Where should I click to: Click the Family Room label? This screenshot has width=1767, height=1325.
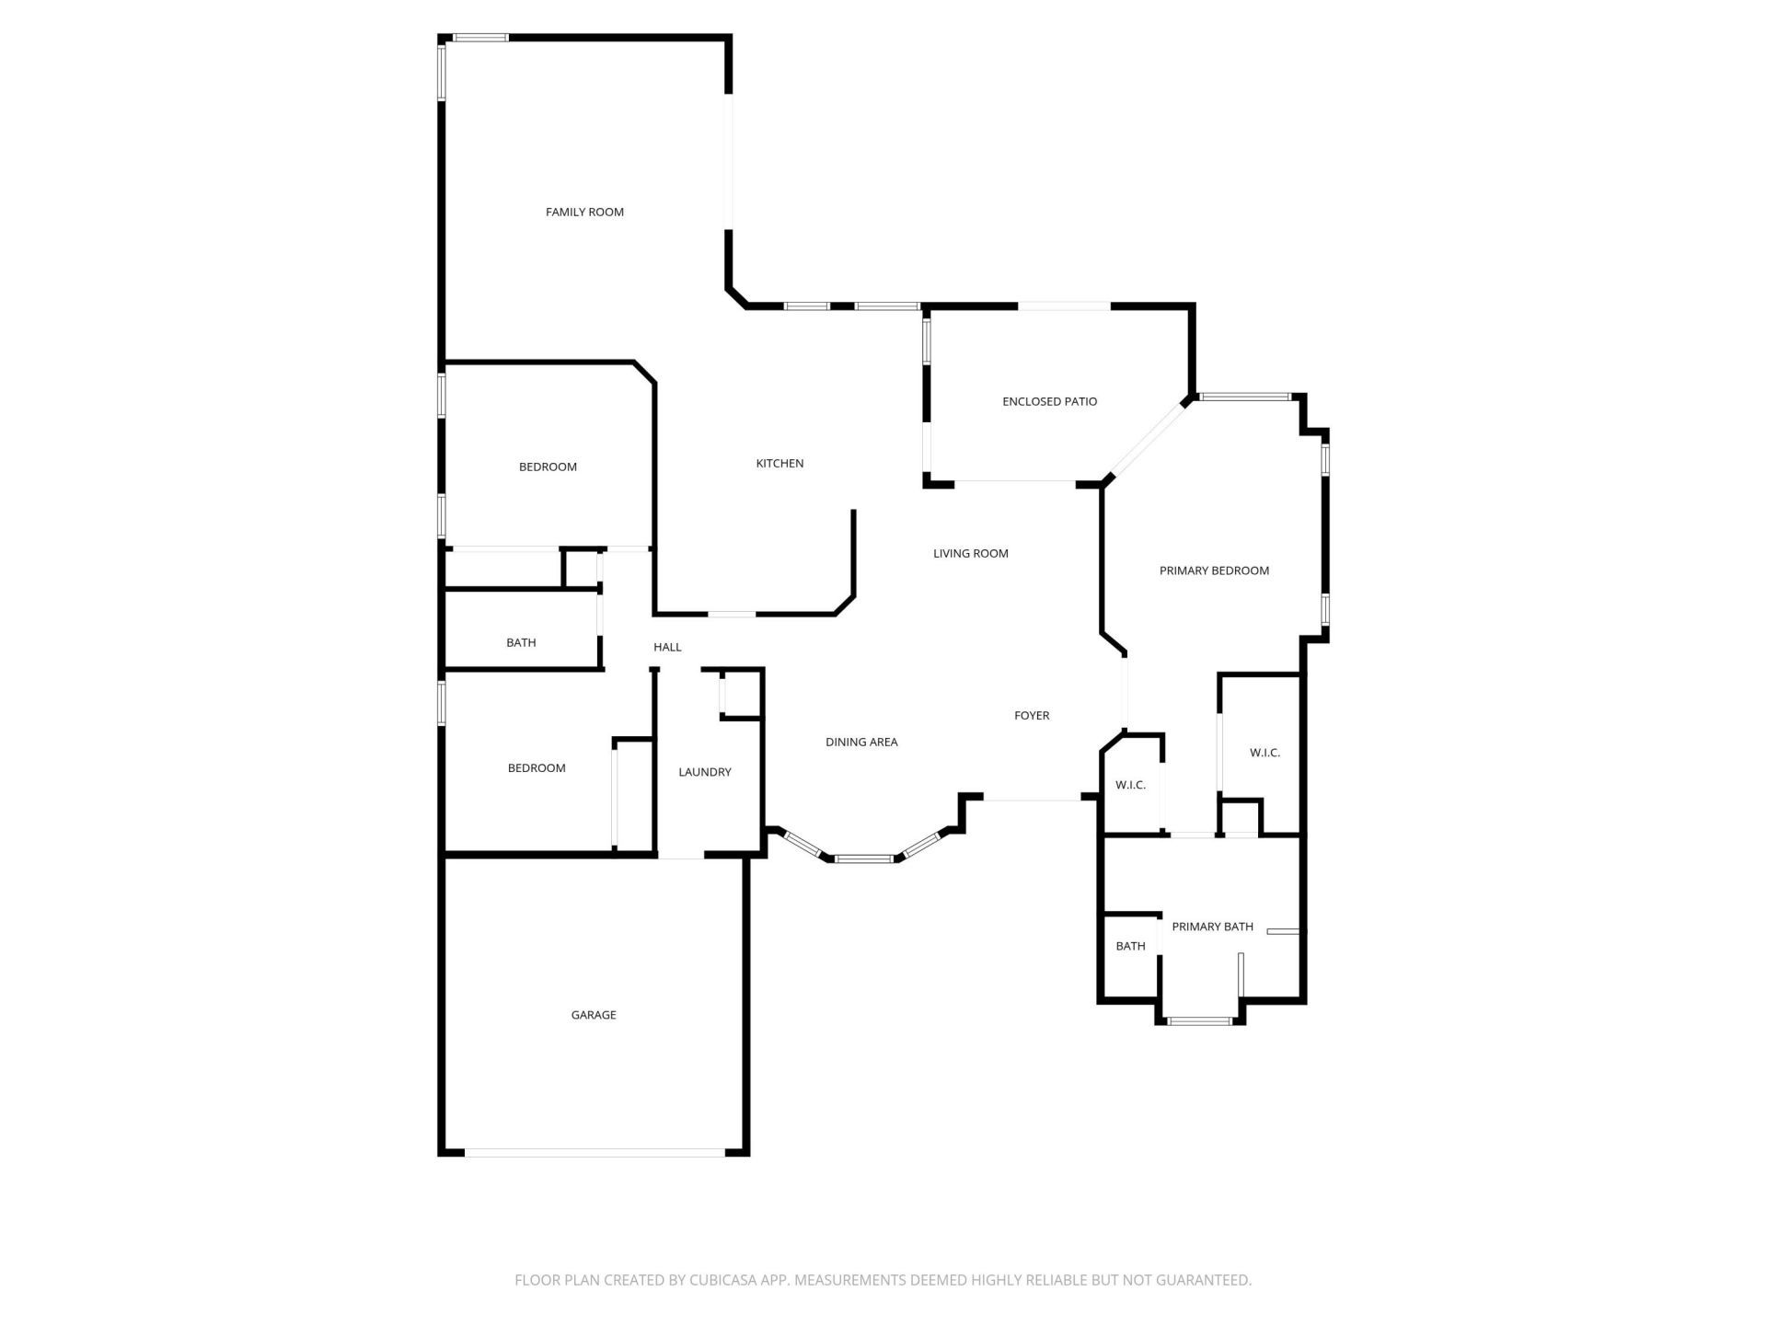point(584,212)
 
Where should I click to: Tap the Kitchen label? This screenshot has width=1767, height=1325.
point(780,463)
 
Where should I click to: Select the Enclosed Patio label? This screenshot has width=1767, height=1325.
point(1049,401)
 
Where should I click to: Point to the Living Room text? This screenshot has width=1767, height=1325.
point(970,553)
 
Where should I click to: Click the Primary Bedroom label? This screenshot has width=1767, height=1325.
point(1214,570)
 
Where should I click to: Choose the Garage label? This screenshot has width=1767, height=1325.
point(594,1015)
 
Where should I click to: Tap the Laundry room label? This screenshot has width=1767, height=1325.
point(704,772)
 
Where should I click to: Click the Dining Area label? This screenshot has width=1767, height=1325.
point(861,742)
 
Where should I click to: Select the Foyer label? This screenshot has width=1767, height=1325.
point(1032,715)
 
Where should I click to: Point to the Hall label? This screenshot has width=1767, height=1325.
point(667,647)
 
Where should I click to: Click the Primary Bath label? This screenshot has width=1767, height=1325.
point(1212,927)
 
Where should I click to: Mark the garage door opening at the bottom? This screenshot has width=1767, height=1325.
point(595,1152)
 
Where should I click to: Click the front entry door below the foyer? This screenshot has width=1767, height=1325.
point(1032,799)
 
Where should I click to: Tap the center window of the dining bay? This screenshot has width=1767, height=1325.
point(864,859)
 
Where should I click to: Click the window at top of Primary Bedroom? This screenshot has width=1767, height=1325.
point(1245,397)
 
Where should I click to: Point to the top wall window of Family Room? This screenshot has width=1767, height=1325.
point(480,38)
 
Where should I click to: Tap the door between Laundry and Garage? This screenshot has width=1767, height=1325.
point(681,857)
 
